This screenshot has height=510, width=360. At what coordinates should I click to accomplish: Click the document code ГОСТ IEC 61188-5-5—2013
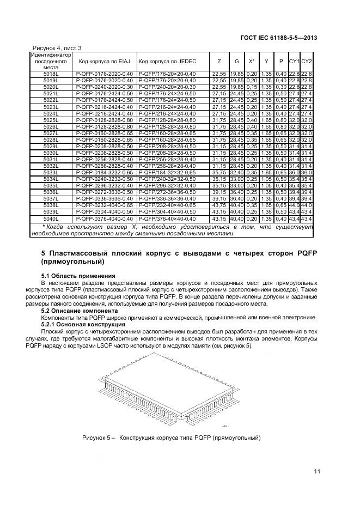(278, 38)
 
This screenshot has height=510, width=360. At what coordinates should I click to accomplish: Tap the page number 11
(316, 472)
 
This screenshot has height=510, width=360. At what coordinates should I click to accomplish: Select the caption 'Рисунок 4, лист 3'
(58, 48)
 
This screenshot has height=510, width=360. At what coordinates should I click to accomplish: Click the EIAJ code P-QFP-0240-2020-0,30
(104, 87)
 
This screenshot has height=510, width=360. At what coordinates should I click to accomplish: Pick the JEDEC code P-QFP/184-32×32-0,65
(167, 172)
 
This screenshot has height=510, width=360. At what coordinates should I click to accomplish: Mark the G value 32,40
(236, 172)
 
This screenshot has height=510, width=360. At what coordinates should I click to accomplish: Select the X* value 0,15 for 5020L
(252, 87)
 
